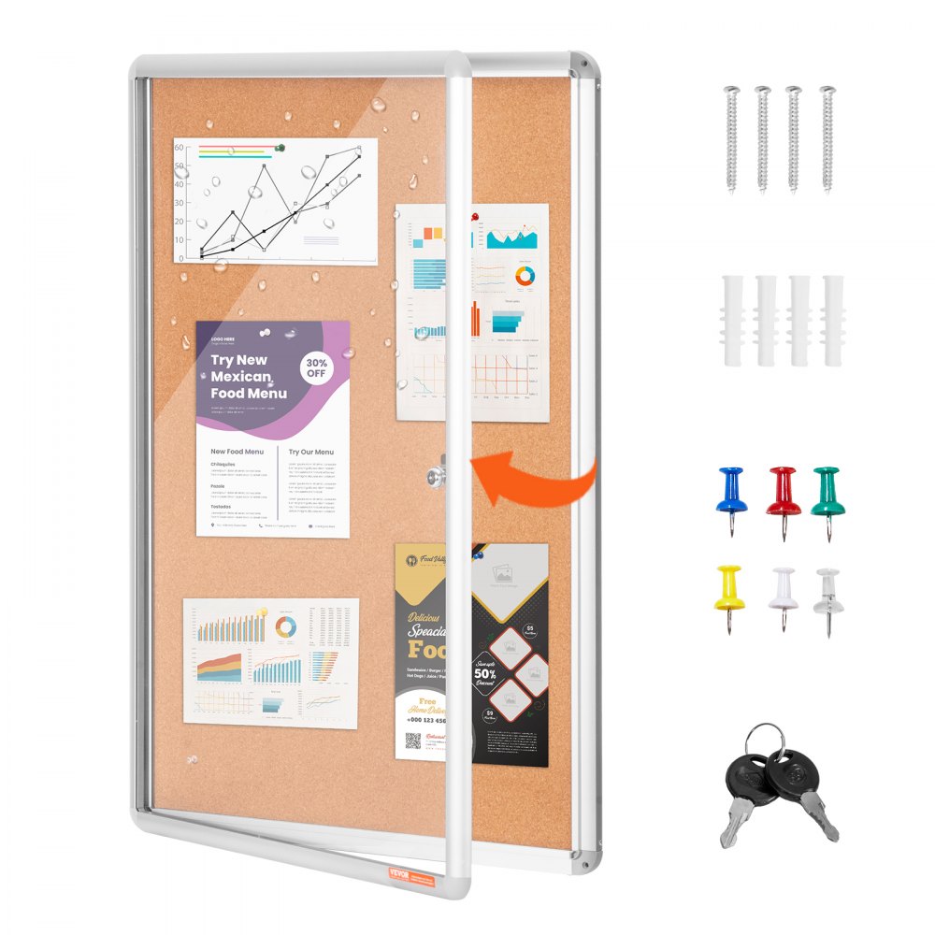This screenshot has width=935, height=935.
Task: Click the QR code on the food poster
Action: pos(412,742)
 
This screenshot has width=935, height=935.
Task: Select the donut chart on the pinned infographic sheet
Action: pos(525,276)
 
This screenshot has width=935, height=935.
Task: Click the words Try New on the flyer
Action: pos(238,360)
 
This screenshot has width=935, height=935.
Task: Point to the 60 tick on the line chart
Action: pos(179,146)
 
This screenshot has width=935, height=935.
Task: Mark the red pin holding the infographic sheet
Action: pos(474,218)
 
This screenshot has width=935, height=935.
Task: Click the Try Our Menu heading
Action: pos(310,452)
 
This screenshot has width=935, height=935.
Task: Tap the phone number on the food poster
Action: pos(426,720)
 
